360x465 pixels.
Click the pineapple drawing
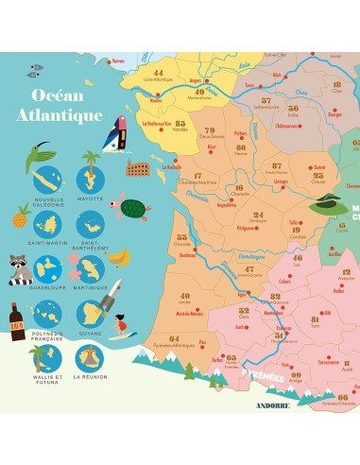19,216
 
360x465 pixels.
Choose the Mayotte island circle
91,179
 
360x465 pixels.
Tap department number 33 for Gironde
182,236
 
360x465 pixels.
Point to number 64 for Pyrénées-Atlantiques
173,338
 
